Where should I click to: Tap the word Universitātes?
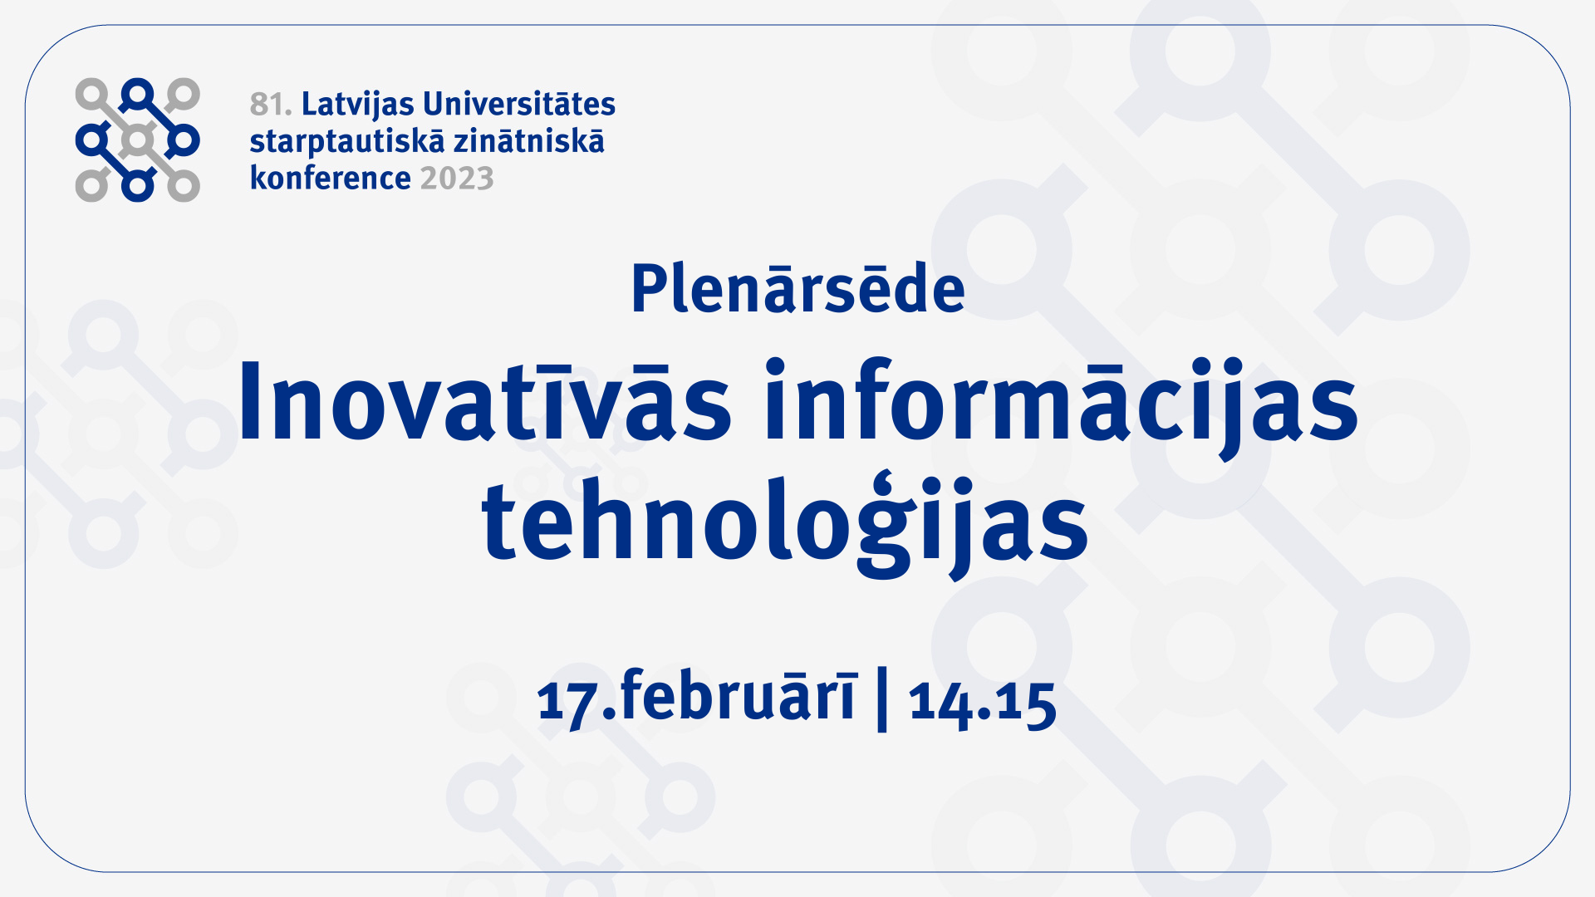coord(519,104)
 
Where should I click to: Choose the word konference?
coord(331,178)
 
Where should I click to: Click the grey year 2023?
coord(457,179)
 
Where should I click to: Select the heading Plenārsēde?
coord(797,287)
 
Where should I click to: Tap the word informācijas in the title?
coord(1061,407)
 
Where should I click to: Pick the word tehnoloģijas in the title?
coord(784,523)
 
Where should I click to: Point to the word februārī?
coord(738,696)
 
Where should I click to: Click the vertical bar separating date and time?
coord(882,699)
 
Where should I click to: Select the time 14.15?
coord(982,703)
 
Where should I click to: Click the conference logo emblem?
coord(138,140)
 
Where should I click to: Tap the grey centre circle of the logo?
coord(138,140)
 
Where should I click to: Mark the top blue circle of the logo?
coord(138,95)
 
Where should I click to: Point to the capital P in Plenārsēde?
coord(650,289)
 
